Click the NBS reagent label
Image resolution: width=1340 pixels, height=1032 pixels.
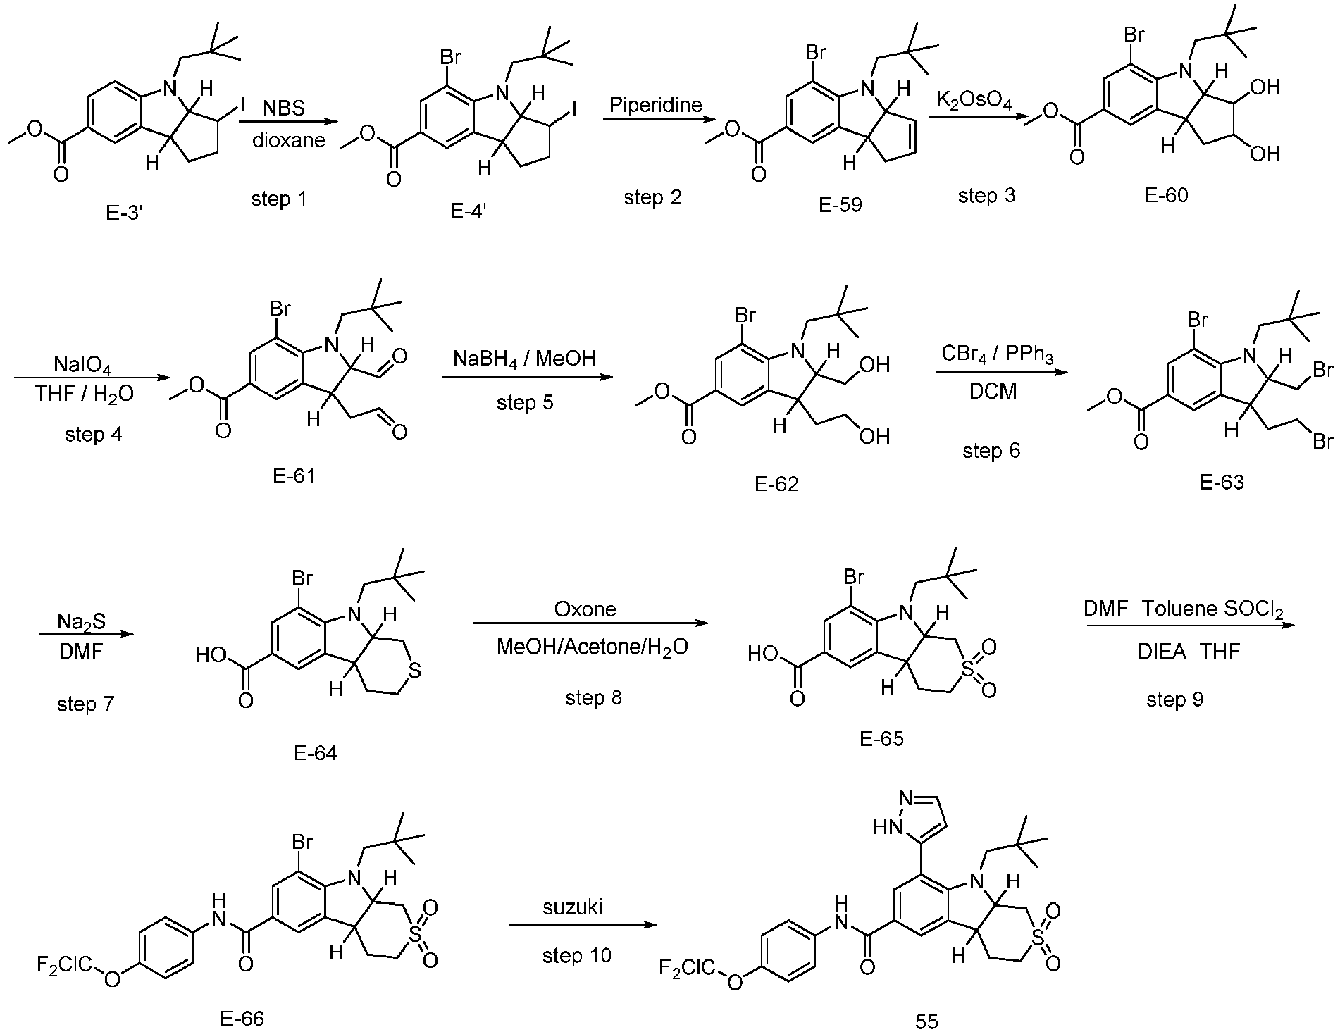285,108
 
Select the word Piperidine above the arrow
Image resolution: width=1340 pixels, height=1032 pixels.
656,105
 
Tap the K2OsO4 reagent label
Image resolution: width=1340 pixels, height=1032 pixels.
974,101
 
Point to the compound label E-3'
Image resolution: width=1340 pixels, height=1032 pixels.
125,212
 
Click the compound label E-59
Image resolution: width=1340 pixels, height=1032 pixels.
840,205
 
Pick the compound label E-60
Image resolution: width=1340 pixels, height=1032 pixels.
1167,195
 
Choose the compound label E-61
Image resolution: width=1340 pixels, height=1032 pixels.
294,476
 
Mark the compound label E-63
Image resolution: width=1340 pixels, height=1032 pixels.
1222,482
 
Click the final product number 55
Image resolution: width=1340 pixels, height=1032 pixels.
927,1021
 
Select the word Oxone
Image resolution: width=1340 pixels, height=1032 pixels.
585,609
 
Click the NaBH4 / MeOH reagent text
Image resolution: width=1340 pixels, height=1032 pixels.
524,359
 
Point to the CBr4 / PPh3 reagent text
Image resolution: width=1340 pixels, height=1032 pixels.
997,354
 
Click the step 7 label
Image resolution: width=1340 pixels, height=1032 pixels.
85,704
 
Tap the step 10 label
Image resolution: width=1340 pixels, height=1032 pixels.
577,955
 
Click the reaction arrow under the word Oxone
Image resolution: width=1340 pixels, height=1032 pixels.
590,623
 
